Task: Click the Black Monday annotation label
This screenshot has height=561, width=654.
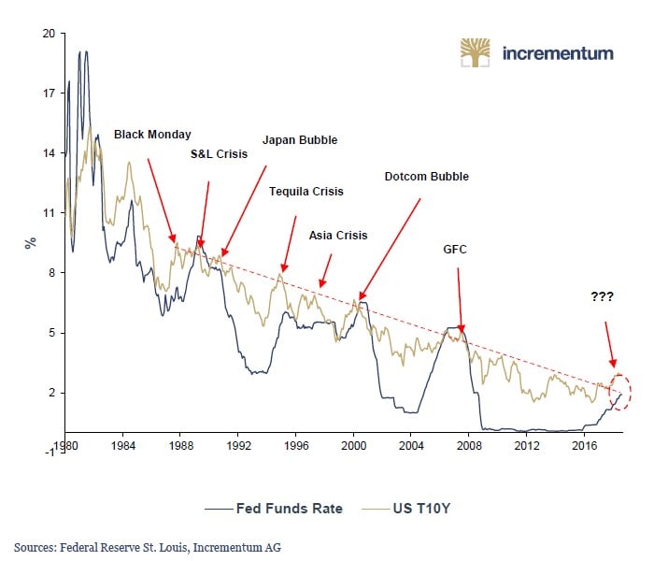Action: click(152, 135)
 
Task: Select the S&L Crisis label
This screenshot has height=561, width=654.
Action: click(220, 154)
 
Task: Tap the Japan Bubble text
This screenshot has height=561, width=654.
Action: click(300, 140)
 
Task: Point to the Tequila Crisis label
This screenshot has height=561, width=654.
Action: click(306, 192)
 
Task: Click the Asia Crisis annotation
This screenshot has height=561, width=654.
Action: click(338, 236)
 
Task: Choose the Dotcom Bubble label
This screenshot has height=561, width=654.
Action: click(426, 176)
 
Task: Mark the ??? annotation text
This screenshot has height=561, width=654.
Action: click(603, 296)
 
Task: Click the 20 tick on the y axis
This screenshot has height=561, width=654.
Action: click(49, 34)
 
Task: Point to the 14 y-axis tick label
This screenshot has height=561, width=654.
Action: click(49, 153)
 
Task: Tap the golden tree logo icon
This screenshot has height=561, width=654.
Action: click(476, 52)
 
